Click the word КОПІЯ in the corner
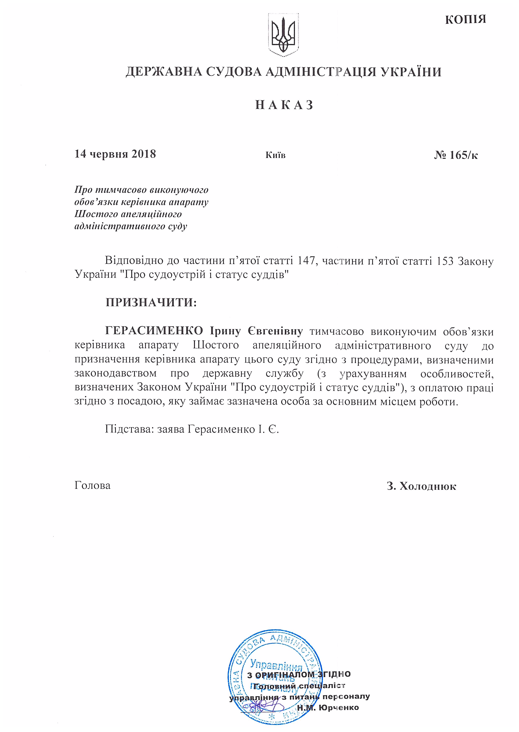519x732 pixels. (x=465, y=19)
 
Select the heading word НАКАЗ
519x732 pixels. (x=284, y=105)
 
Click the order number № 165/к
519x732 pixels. (x=456, y=155)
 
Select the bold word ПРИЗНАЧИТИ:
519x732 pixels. (x=151, y=302)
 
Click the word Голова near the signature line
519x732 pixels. (x=92, y=485)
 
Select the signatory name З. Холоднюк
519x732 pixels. (x=421, y=486)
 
